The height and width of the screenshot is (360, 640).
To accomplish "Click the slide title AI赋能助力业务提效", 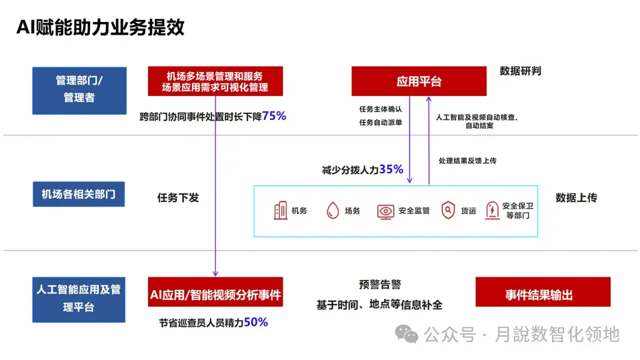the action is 100,27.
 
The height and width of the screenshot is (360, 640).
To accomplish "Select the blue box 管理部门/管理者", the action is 79,89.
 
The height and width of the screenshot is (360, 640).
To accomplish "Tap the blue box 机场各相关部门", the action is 79,195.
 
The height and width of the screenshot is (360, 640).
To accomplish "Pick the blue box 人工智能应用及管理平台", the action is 79,299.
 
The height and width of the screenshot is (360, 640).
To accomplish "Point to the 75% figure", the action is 274,116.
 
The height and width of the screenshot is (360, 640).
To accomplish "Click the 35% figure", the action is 391,169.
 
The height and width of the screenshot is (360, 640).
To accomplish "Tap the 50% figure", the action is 256,323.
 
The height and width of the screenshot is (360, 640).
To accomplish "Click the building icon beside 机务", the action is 280,211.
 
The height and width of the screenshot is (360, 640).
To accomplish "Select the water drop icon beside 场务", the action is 333,211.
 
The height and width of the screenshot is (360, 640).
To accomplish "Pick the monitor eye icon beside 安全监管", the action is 385,211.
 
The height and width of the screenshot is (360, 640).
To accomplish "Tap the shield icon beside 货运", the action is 448,211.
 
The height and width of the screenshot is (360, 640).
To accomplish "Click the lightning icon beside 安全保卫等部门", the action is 492,211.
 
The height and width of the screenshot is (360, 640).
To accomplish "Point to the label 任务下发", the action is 178,198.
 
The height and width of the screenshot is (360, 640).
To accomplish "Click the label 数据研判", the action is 520,71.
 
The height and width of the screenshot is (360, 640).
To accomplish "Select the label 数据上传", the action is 576,198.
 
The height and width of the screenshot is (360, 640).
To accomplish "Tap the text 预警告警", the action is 380,285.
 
